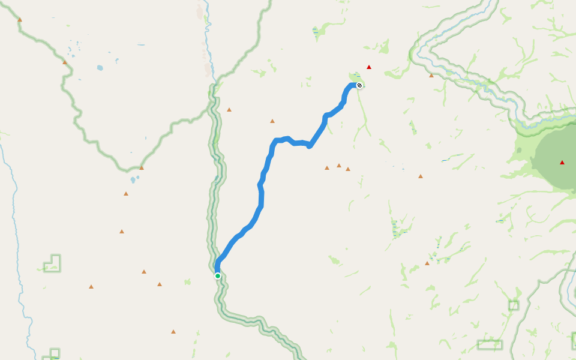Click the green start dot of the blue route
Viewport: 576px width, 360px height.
[x=218, y=276]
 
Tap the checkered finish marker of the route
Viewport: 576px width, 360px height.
[x=359, y=85]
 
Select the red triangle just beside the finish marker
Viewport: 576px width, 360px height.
[x=369, y=67]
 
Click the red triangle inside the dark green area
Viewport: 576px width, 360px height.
[x=562, y=163]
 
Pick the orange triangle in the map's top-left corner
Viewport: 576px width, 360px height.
[x=20, y=20]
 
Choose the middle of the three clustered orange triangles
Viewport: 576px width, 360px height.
[x=339, y=166]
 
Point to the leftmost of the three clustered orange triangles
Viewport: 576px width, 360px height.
[x=327, y=168]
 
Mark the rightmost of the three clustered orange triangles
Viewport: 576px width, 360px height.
[x=348, y=169]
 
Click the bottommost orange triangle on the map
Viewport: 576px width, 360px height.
[x=173, y=332]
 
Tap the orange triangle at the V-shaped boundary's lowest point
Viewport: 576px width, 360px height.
[x=142, y=168]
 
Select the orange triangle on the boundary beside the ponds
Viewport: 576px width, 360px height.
[x=65, y=62]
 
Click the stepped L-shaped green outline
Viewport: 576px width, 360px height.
[x=53, y=264]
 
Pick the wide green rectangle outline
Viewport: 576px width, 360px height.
[x=490, y=344]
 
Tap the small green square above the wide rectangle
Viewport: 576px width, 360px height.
[x=514, y=305]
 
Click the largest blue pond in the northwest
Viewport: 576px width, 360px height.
[x=100, y=68]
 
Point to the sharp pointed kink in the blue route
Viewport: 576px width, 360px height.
[x=310, y=146]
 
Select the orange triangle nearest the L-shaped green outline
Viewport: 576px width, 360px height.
[x=91, y=287]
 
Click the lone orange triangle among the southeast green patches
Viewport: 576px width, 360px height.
[x=427, y=263]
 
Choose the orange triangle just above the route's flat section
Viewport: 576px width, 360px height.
[x=272, y=121]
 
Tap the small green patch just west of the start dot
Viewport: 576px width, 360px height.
[x=188, y=281]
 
